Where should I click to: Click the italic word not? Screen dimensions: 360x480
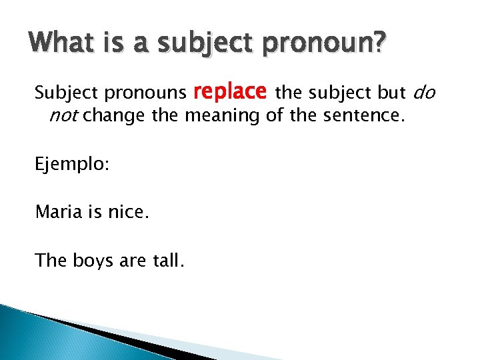[x=64, y=116]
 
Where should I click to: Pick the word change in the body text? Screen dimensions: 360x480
[x=115, y=116]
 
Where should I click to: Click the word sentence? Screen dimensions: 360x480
[x=363, y=116]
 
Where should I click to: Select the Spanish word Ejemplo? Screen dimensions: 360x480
[x=69, y=165]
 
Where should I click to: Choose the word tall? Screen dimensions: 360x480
[x=167, y=261]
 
